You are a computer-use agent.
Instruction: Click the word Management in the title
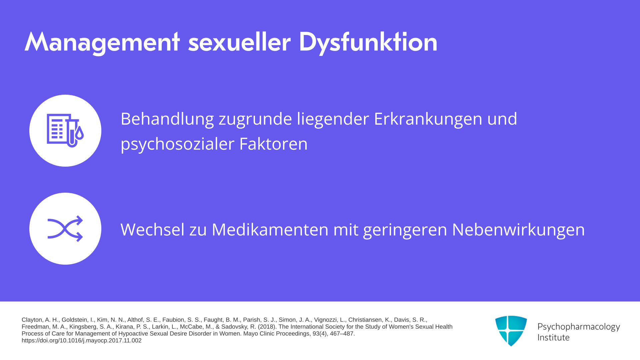[x=102, y=42]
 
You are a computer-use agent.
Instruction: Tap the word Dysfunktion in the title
[x=368, y=42]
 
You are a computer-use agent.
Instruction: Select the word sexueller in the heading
[x=239, y=42]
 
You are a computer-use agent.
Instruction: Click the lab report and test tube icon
[x=65, y=130]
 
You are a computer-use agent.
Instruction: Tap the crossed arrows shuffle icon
[x=65, y=229]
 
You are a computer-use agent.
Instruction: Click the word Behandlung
[x=167, y=119]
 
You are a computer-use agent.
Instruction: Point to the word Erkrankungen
[x=428, y=119]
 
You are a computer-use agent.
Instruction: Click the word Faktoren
[x=273, y=144]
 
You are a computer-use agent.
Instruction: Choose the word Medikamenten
[x=270, y=230]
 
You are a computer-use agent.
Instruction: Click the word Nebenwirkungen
[x=518, y=230]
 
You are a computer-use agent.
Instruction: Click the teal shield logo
[x=511, y=331]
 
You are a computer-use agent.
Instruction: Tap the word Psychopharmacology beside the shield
[x=579, y=327]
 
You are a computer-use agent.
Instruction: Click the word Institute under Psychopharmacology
[x=553, y=338]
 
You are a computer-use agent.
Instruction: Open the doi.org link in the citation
[x=82, y=341]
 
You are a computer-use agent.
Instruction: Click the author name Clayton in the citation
[x=32, y=320]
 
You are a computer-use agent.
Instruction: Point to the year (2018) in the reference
[x=267, y=327]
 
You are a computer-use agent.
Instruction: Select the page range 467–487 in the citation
[x=342, y=334]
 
